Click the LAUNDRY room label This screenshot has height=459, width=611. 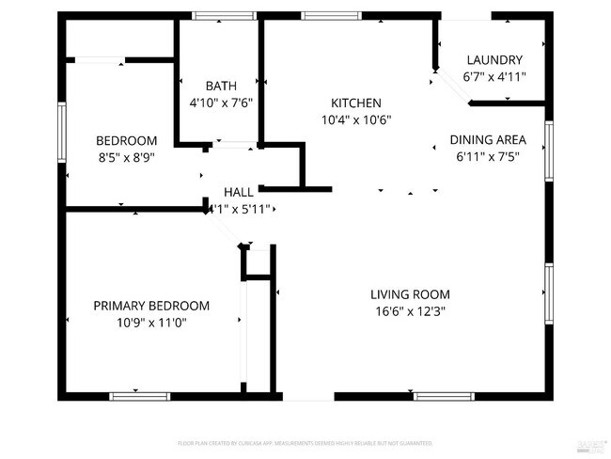click(x=494, y=60)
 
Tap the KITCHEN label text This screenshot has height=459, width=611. click(x=355, y=103)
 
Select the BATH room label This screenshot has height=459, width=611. click(x=221, y=86)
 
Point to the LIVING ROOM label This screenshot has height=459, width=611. click(x=410, y=293)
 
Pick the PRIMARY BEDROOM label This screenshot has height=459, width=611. click(x=151, y=306)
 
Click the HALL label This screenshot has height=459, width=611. click(x=238, y=191)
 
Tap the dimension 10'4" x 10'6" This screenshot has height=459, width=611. click(x=355, y=119)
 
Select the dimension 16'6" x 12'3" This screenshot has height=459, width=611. click(x=410, y=310)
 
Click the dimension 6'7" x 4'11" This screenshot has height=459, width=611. click(x=494, y=77)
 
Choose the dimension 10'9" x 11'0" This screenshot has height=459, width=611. click(x=151, y=323)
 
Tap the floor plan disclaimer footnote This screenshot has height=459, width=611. click(x=305, y=441)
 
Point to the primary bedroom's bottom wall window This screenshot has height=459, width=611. click(x=139, y=396)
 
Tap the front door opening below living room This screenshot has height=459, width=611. click(x=308, y=396)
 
